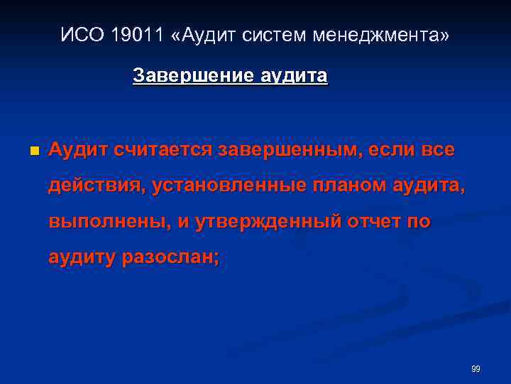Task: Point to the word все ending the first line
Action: point(436,150)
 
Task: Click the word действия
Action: point(96,186)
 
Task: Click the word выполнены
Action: point(107,222)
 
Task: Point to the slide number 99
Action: point(476,368)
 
